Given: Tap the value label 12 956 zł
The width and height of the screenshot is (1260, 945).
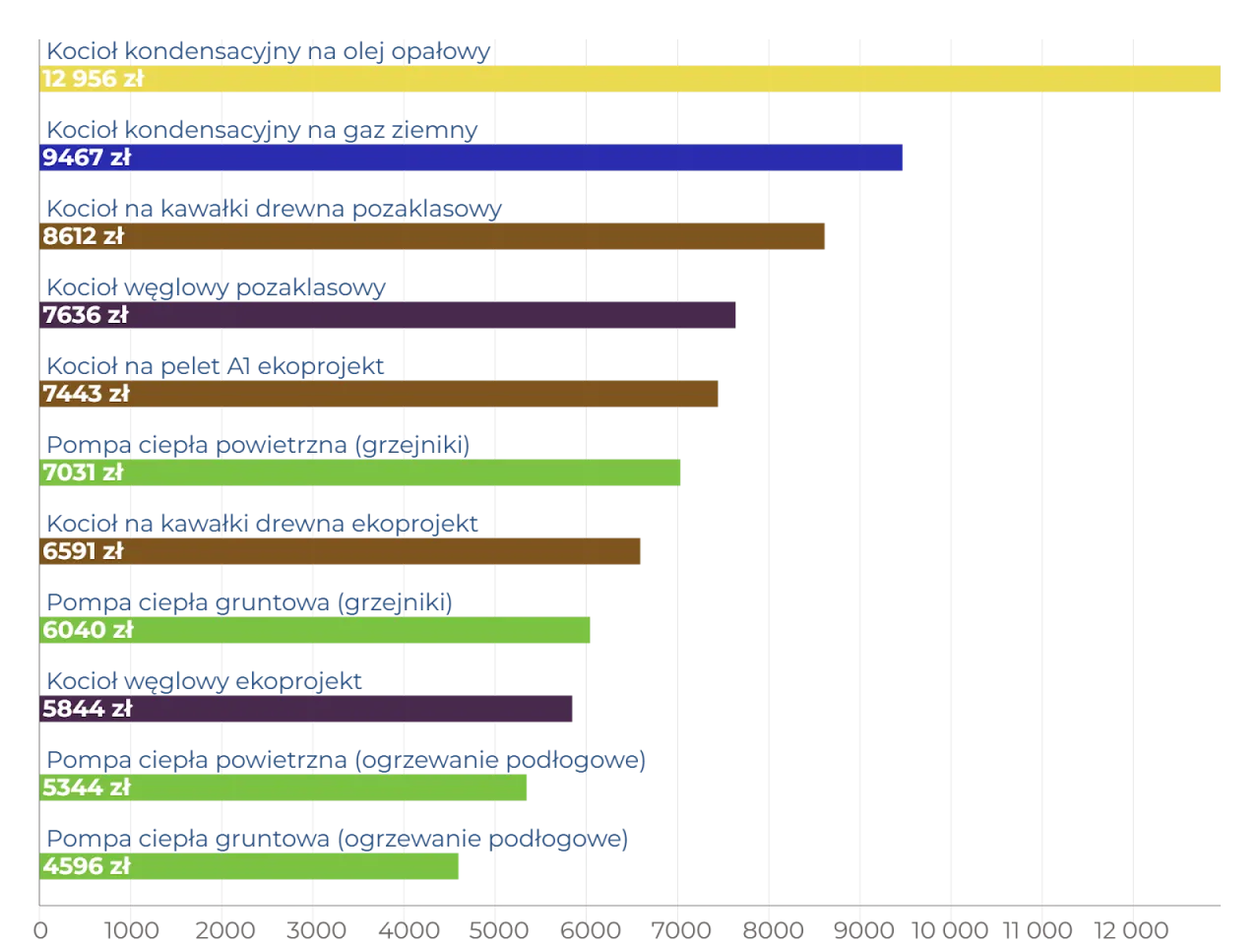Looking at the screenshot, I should [93, 79].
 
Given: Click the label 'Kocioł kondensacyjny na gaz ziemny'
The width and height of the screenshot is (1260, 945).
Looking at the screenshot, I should [263, 130].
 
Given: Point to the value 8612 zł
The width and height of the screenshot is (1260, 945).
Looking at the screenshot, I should [84, 236].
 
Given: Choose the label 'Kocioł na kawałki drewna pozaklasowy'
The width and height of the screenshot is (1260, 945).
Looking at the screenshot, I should [275, 209].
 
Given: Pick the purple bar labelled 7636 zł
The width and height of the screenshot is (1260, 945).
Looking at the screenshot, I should [433, 315].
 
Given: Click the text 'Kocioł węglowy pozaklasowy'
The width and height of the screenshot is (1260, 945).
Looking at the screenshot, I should [216, 287].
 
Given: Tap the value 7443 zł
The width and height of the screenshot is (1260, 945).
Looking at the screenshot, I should [86, 394].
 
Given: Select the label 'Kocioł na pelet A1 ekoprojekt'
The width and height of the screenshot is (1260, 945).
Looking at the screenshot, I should [216, 366].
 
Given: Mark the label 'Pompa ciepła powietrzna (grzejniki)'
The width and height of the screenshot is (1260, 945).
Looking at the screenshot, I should [259, 445].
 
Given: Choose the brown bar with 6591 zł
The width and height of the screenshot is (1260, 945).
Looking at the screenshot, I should [384, 551].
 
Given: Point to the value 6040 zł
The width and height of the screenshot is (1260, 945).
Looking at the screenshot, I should [88, 630].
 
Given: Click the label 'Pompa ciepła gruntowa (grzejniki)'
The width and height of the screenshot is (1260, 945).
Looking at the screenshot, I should [250, 602].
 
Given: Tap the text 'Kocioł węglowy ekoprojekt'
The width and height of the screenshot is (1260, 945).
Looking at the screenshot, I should [204, 681].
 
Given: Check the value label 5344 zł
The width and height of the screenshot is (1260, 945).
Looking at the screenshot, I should [87, 787].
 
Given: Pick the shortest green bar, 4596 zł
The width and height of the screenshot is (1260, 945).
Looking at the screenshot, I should [295, 866].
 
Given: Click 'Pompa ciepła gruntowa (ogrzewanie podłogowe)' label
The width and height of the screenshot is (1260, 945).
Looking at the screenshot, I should [338, 839].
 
